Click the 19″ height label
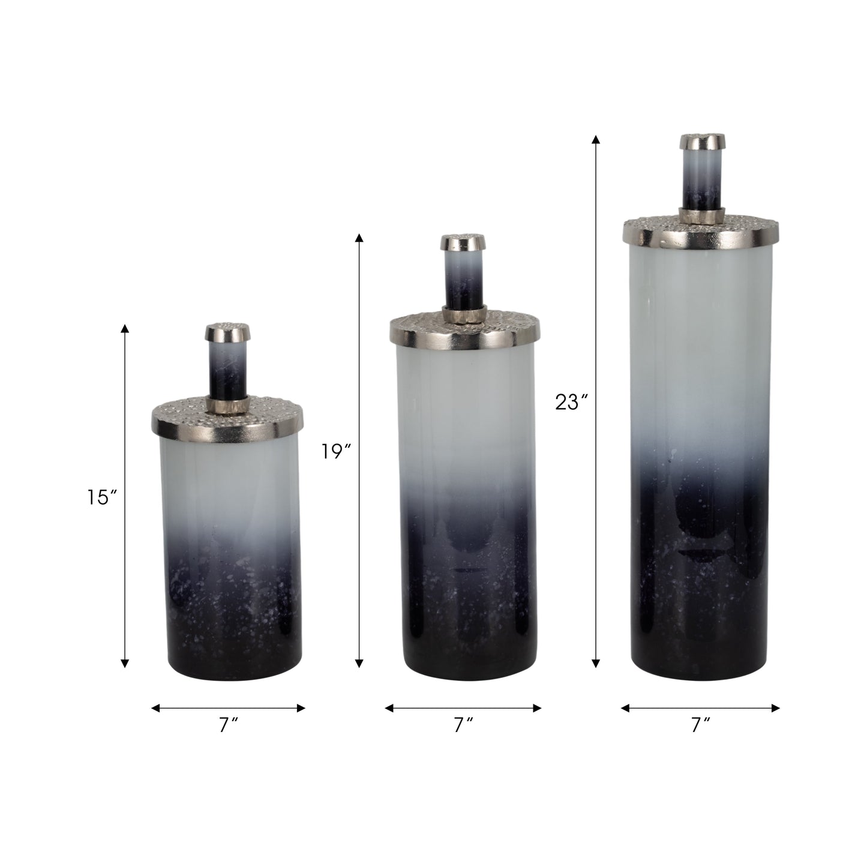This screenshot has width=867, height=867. click(x=335, y=451)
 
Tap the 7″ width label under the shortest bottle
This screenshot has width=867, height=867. click(x=227, y=725)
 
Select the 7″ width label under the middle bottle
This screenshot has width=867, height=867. click(x=463, y=725)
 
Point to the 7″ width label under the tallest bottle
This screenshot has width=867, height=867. click(x=700, y=725)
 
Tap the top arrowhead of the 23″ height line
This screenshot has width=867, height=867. click(x=596, y=140)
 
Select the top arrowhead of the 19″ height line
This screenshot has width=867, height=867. click(x=359, y=238)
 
